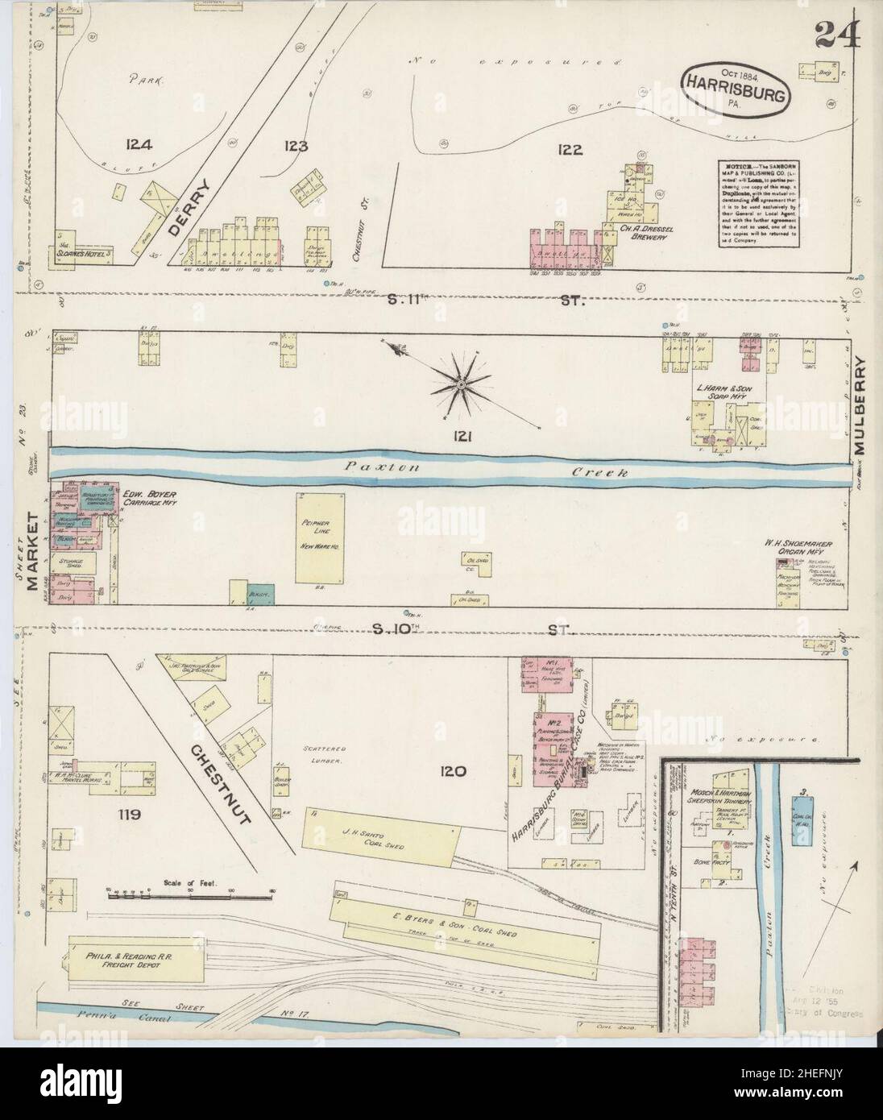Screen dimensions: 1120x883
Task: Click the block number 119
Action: pos(129,815)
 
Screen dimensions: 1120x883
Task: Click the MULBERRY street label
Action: pos(866,407)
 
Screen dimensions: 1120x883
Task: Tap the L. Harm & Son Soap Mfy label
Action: pos(726,392)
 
